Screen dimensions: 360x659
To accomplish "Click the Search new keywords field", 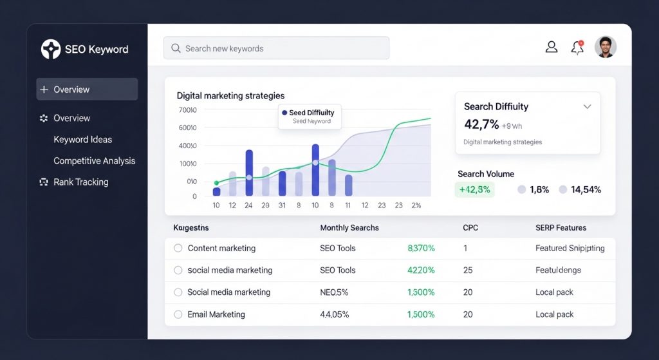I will coord(277,48).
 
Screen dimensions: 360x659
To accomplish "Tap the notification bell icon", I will coord(577,47).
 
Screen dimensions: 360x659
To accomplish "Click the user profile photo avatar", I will coord(606,47).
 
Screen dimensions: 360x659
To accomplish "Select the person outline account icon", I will coord(551,47).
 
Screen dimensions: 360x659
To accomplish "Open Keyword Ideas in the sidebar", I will coord(82,139).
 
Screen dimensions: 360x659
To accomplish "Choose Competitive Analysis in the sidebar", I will coord(94,160).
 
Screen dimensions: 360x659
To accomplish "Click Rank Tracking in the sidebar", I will coord(80,182).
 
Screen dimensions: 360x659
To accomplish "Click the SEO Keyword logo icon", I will coord(51,49).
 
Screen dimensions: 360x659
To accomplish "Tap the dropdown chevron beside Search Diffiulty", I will coord(587,107).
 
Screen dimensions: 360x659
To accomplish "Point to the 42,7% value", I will coord(481,124).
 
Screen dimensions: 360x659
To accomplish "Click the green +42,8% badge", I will coord(474,189).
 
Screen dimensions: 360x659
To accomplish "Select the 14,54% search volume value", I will coord(586,189).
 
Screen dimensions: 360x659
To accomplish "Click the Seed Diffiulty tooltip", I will coord(310,117).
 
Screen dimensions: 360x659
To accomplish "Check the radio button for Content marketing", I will coord(178,248).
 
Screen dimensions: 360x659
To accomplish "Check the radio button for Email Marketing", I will coord(178,314).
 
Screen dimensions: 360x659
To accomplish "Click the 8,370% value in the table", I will coord(422,248).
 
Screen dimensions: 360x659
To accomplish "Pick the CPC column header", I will coord(470,227).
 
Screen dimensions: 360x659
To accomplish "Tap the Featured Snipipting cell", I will coord(570,248).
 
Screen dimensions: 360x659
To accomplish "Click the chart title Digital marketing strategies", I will coord(230,95).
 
